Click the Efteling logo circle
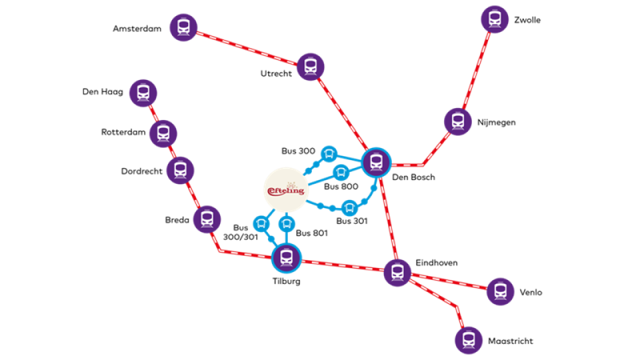[x=287, y=189]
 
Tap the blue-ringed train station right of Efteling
[x=376, y=162]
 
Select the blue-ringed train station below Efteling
[x=287, y=257]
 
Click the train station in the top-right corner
[x=495, y=19]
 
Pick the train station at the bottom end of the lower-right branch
[x=469, y=340]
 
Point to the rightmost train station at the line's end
[x=500, y=291]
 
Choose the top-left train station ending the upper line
[x=183, y=27]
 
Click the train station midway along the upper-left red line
[x=310, y=67]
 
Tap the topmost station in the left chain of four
[x=143, y=93]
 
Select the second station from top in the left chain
[x=163, y=133]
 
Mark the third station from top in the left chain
[x=180, y=170]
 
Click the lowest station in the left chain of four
[x=207, y=219]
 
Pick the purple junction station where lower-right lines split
[x=397, y=272]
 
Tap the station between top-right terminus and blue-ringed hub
[x=457, y=121]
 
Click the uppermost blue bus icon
[x=329, y=154]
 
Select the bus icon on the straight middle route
[x=341, y=173]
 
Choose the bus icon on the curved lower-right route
[x=349, y=208]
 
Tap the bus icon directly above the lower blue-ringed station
[x=287, y=223]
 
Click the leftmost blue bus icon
[x=261, y=223]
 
